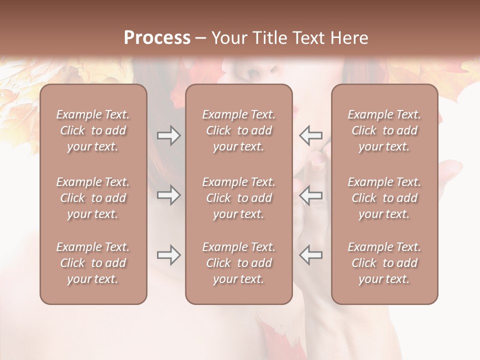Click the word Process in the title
(157, 38)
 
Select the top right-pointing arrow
(168, 135)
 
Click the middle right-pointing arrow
(168, 195)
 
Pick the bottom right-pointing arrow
(168, 255)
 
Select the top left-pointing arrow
(311, 135)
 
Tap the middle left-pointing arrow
(311, 195)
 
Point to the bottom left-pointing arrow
(311, 255)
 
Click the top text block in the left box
(93, 130)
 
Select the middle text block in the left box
(93, 198)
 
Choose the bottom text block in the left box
(93, 263)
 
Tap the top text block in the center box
(238, 130)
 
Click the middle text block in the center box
(238, 198)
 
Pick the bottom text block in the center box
(238, 263)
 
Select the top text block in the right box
(384, 130)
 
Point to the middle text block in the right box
(384, 198)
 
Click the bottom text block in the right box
(384, 263)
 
